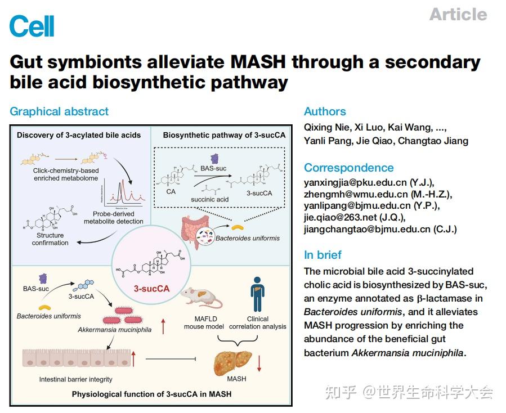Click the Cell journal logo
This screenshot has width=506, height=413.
coord(32,25)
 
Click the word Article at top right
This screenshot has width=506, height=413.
coord(458,14)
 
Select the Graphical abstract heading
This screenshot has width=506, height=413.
coord(59,111)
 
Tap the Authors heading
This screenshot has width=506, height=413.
coord(325,111)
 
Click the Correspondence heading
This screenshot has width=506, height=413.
coord(348,168)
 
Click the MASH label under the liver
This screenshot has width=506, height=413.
coord(236,379)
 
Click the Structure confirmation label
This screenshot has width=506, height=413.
coord(50,239)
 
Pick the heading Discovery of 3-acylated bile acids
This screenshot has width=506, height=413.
coord(78,135)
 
